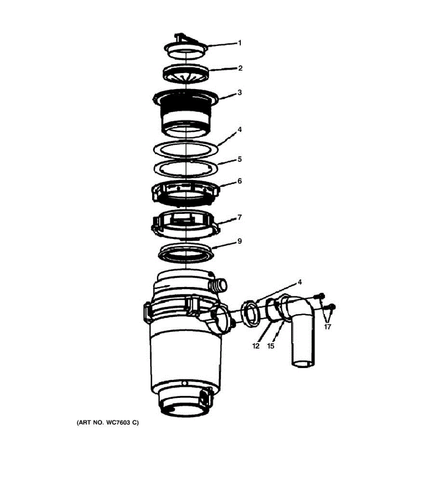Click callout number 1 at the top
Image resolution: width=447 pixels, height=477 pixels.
[239, 43]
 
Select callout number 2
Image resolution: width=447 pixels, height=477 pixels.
[240, 68]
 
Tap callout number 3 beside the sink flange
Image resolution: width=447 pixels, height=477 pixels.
[240, 93]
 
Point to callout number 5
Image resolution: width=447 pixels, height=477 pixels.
[240, 159]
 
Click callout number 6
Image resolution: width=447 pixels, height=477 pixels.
[240, 181]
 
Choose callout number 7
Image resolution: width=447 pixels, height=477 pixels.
[240, 217]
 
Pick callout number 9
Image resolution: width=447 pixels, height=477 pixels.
[240, 241]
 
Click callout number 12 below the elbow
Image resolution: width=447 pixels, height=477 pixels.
[256, 346]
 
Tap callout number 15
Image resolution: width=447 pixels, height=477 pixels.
[271, 346]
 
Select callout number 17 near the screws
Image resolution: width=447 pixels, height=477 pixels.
[327, 327]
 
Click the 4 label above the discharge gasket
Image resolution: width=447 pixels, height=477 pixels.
[300, 282]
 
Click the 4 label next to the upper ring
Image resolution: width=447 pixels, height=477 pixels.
[240, 130]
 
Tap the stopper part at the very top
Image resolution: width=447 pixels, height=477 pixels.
[186, 48]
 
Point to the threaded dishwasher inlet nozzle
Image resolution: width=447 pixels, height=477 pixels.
[217, 285]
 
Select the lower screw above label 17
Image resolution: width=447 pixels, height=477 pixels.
[331, 307]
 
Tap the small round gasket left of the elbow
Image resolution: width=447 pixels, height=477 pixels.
[251, 314]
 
